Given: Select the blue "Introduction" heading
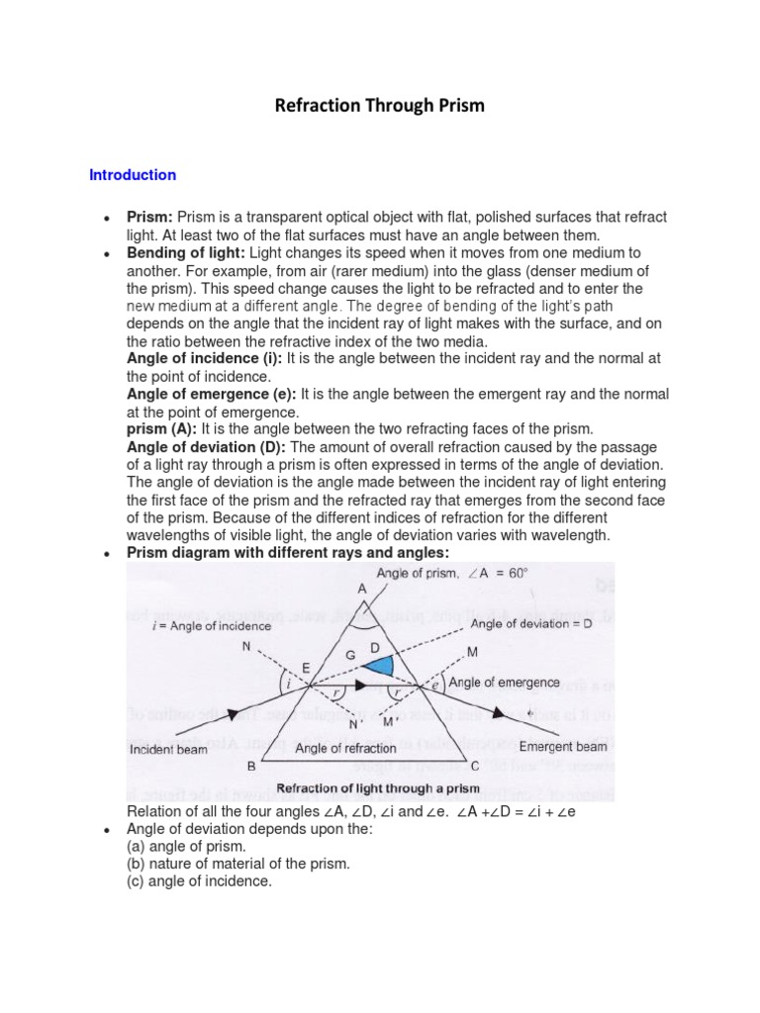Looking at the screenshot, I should click(133, 175).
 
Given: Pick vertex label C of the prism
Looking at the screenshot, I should click(474, 767).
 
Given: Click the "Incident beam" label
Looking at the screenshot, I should click(168, 750).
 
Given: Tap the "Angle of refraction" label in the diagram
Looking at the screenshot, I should click(345, 750).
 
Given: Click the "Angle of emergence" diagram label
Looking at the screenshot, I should click(504, 683).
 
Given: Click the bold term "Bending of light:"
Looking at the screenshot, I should click(186, 253).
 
